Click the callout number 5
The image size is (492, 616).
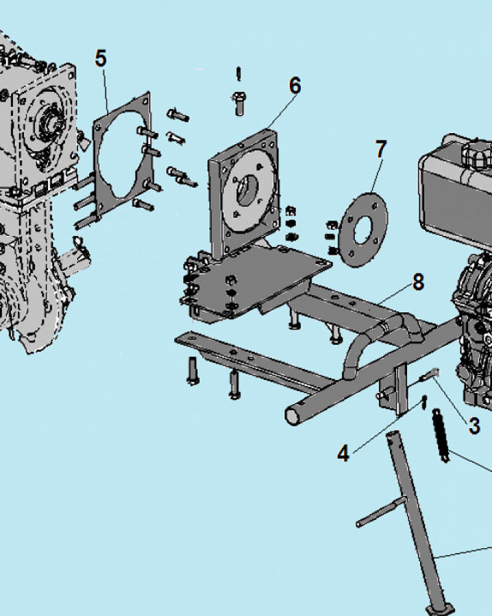[x=101, y=59]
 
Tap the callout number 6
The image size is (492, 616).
[x=295, y=85]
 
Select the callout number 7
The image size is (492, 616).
[x=381, y=149]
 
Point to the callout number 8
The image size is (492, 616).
[x=418, y=282]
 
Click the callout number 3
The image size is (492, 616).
[x=474, y=426]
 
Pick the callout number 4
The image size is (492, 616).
[x=343, y=453]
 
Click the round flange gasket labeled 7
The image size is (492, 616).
[x=363, y=230]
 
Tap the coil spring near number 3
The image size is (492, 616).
[x=440, y=436]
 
